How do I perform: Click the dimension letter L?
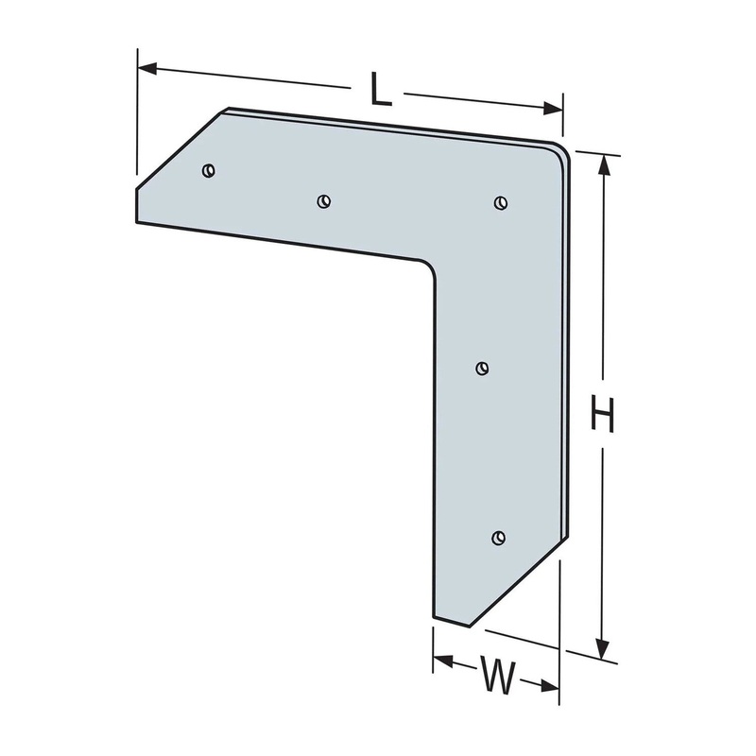coord(380,90)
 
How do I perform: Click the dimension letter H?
coord(602,415)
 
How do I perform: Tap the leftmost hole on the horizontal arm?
coord(209,170)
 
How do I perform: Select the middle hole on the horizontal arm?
coord(324,200)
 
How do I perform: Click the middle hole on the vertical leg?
coord(481,368)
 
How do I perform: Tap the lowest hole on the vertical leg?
coord(499,538)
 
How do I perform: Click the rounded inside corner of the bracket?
coord(429,268)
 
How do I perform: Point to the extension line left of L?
coord(137,113)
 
